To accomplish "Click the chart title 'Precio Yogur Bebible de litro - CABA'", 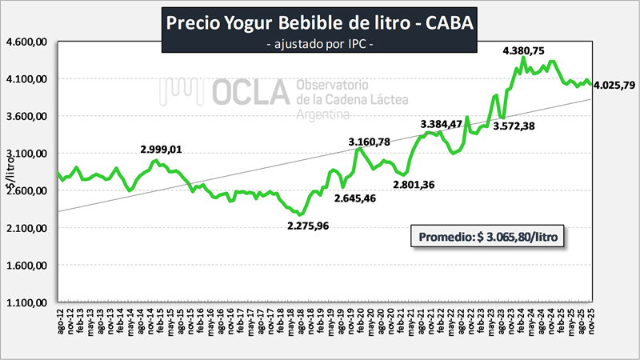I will click(x=319, y=22).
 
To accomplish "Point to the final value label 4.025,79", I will click(x=614, y=85).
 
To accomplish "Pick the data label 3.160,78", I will click(x=369, y=142).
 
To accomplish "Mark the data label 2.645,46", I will click(x=356, y=198).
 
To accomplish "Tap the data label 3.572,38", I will click(x=514, y=126).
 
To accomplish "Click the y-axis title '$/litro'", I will click(x=10, y=172).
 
